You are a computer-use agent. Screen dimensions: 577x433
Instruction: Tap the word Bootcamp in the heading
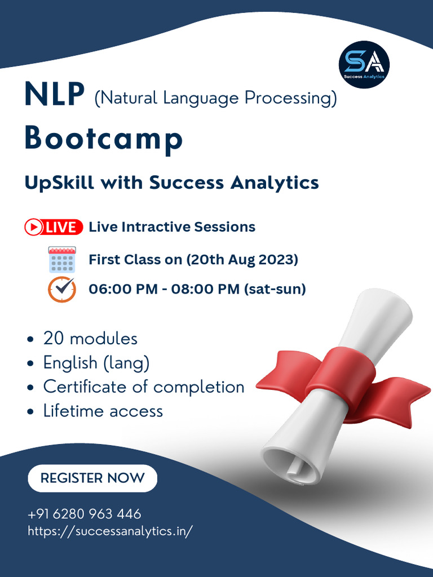[x=104, y=139]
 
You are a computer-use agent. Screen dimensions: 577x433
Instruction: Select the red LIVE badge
[x=54, y=227]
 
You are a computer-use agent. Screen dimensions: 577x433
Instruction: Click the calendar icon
[x=62, y=259]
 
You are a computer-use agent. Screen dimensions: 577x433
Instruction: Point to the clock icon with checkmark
[x=62, y=289]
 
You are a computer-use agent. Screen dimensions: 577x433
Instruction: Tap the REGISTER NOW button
[x=92, y=478]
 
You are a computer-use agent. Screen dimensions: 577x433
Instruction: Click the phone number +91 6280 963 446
[x=85, y=514]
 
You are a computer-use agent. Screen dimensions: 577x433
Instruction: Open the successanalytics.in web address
[x=111, y=531]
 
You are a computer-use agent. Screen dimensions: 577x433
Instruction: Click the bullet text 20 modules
[x=90, y=339]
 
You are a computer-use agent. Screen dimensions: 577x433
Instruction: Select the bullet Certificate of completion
[x=144, y=387]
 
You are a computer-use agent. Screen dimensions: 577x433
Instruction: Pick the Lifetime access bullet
[x=103, y=411]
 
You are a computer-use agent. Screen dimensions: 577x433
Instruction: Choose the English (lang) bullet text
[x=96, y=363]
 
